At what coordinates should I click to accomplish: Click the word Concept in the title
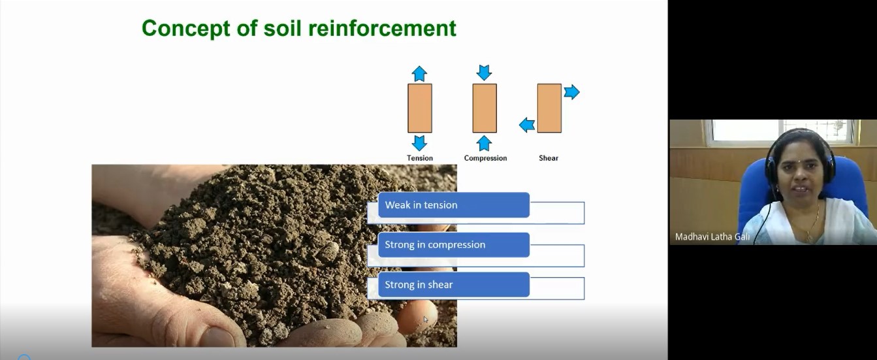click(186, 28)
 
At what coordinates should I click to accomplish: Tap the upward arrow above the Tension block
click(419, 74)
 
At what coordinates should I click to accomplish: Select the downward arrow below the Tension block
click(419, 143)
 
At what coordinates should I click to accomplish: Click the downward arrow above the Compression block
click(485, 73)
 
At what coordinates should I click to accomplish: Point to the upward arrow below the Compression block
click(485, 143)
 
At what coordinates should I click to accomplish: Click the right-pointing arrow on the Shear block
click(571, 92)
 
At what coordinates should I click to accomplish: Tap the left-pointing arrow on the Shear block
click(527, 125)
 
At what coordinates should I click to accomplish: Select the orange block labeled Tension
click(420, 108)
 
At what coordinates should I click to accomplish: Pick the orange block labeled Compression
click(485, 108)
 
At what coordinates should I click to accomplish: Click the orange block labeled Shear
click(549, 108)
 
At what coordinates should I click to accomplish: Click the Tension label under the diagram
click(420, 158)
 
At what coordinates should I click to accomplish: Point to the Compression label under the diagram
click(485, 158)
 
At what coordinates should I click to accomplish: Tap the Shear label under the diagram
click(549, 158)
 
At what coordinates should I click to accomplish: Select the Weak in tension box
click(454, 205)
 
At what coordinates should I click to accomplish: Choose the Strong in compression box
click(454, 245)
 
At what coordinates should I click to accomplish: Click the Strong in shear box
click(454, 285)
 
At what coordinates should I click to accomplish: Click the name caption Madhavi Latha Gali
click(712, 237)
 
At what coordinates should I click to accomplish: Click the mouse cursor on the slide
click(426, 319)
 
